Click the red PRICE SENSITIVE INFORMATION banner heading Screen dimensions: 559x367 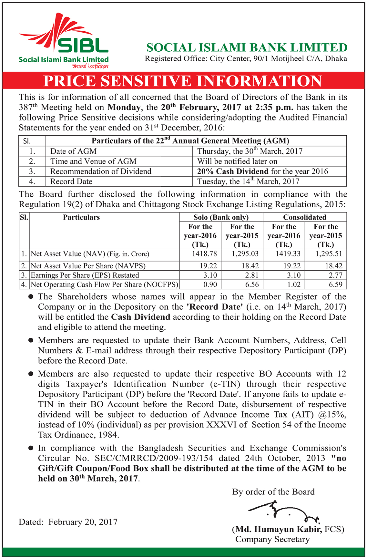[183, 81]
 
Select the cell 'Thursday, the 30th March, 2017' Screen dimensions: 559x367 [250, 151]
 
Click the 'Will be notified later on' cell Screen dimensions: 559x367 [237, 161]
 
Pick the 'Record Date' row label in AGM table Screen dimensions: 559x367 [71, 181]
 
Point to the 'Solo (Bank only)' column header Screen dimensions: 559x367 [221, 217]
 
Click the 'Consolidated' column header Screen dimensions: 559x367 [304, 217]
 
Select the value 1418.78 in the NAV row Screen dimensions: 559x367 [204, 254]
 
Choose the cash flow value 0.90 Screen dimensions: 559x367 [210, 285]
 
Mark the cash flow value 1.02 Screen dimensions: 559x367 [294, 285]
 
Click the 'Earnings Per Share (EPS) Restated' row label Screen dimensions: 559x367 [85, 275]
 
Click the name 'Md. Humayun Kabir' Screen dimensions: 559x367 [279, 529]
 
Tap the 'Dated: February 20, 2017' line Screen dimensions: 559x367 [68, 522]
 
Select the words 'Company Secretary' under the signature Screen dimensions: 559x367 [272, 539]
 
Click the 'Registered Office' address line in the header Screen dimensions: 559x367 [246, 59]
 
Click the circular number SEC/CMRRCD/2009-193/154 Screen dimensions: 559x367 [154, 458]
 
